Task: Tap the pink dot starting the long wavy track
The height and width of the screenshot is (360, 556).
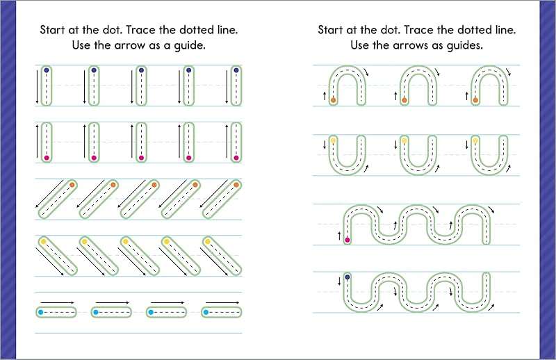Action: [347, 240]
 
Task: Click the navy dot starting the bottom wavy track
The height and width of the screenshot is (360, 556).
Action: [347, 277]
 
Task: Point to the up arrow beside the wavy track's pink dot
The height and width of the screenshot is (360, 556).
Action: [338, 236]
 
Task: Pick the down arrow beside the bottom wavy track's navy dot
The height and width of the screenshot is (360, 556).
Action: [338, 280]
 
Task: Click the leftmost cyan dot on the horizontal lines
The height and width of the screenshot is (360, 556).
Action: [41, 313]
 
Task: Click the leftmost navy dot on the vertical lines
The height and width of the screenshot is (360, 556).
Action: [46, 70]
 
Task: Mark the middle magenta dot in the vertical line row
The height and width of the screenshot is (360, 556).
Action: [141, 158]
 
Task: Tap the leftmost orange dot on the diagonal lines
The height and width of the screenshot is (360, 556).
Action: [72, 185]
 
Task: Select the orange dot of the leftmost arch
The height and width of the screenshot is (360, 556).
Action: [334, 100]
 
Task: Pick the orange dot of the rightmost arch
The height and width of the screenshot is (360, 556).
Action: [475, 100]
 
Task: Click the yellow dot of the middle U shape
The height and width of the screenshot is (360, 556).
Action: [404, 140]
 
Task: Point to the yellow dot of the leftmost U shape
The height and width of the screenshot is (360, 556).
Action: [334, 140]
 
